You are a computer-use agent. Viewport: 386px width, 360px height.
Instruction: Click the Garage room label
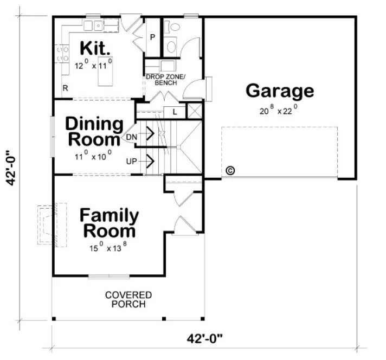click(x=279, y=91)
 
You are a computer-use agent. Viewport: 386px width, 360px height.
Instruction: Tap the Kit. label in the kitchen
click(x=96, y=48)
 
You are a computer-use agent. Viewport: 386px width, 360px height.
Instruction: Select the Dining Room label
click(x=93, y=132)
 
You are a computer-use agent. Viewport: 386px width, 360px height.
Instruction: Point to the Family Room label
click(x=109, y=223)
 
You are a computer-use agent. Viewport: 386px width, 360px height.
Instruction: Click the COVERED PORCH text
click(x=128, y=299)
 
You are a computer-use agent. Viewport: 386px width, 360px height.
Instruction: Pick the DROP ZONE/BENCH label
click(x=165, y=80)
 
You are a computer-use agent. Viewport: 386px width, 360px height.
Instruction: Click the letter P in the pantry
click(x=153, y=37)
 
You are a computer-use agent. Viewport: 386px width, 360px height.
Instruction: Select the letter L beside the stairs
click(x=175, y=112)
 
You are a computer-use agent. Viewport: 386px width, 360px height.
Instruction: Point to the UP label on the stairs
click(x=131, y=162)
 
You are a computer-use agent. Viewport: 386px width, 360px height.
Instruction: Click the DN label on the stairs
click(x=131, y=137)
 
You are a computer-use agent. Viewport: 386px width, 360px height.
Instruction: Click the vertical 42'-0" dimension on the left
click(x=11, y=168)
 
